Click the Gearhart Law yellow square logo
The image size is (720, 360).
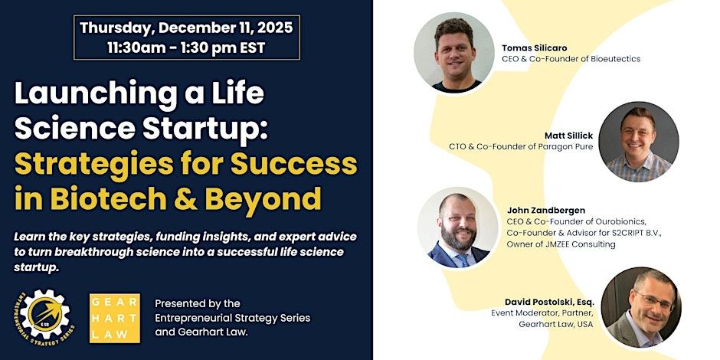115,318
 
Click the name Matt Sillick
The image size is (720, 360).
568,136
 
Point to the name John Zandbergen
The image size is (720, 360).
539,211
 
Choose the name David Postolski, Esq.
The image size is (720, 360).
550,302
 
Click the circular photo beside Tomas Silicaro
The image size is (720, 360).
454,53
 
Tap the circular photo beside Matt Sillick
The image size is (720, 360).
638,142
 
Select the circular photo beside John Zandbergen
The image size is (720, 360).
457,227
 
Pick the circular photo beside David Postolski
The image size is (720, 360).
640,307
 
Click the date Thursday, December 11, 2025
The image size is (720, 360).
186,28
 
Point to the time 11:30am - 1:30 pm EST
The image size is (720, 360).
186,47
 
